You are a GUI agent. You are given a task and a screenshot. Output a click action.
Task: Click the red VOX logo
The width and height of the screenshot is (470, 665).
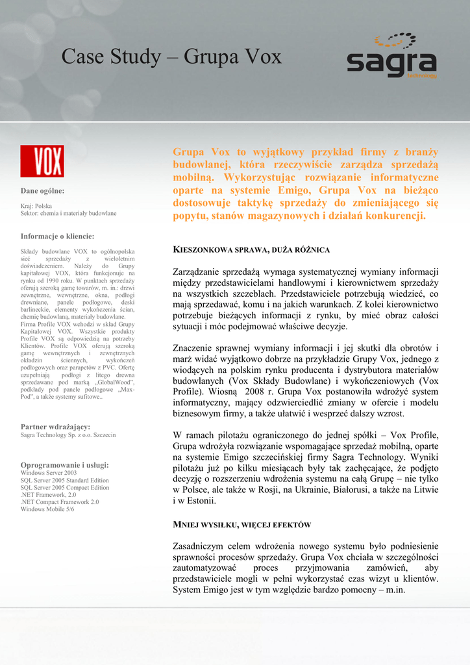pyautogui.click(x=42, y=161)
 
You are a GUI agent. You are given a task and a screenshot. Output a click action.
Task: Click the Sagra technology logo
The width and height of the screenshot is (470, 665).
pyautogui.click(x=391, y=56)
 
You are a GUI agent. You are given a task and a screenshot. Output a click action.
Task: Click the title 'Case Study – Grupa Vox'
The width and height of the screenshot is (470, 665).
pyautogui.click(x=171, y=57)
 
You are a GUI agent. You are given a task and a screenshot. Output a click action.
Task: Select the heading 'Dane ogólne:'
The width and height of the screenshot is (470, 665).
pyautogui.click(x=42, y=191)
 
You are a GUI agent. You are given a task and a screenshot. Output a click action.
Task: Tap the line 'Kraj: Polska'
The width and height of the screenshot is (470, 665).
pyautogui.click(x=36, y=205)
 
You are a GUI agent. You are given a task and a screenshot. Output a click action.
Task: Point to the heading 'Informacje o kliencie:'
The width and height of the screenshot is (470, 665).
pyautogui.click(x=57, y=236)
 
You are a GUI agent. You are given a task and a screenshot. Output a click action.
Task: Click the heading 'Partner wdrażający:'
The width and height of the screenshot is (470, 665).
pyautogui.click(x=56, y=427)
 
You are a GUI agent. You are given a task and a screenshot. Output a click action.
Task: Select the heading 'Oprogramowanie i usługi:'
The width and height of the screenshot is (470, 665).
pyautogui.click(x=64, y=465)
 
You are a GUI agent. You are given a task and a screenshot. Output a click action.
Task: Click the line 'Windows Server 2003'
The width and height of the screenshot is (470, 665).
pyautogui.click(x=49, y=473)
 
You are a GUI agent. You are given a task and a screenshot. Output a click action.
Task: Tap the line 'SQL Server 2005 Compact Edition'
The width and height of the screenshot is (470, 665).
pyautogui.click(x=65, y=488)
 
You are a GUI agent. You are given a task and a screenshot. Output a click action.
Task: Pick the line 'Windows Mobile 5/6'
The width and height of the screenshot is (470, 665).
pyautogui.click(x=47, y=509)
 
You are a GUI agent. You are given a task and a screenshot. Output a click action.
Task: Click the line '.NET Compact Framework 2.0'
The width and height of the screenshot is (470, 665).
pyautogui.click(x=60, y=502)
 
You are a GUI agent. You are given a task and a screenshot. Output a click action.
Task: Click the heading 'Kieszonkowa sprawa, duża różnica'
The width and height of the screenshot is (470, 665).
pyautogui.click(x=251, y=250)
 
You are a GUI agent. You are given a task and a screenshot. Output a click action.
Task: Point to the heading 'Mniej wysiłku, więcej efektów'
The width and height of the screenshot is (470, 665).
pyautogui.click(x=241, y=525)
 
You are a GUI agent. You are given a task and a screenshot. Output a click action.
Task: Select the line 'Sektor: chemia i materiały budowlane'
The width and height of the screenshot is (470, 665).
pyautogui.click(x=69, y=213)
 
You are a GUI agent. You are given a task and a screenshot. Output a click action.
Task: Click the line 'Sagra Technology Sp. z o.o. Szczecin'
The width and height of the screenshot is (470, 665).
pyautogui.click(x=68, y=435)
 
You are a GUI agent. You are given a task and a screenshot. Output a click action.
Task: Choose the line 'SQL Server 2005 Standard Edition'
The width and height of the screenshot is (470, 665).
pyautogui.click(x=65, y=481)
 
